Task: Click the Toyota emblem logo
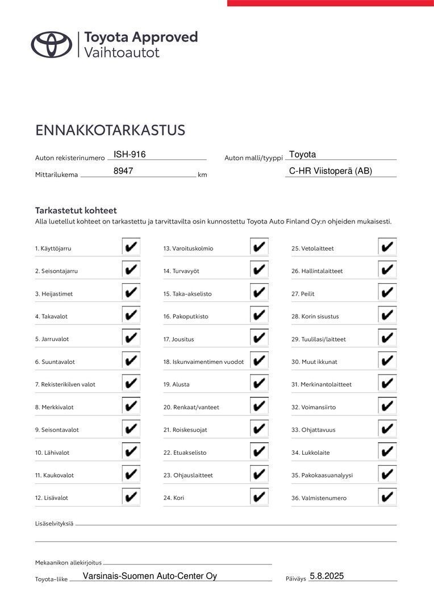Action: (52, 44)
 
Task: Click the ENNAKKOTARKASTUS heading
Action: (110, 130)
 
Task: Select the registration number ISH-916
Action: (130, 154)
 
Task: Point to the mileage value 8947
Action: (123, 171)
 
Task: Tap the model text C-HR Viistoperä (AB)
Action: (331, 171)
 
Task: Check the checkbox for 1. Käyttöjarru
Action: (131, 247)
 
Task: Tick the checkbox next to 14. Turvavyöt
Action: (259, 270)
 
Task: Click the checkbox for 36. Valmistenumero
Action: (387, 497)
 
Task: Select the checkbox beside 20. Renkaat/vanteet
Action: (259, 406)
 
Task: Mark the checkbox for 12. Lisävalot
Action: (131, 497)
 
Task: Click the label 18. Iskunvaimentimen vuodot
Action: (203, 362)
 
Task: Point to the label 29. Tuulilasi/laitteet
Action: (318, 339)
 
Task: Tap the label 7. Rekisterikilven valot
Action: (65, 384)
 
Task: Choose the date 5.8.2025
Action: (327, 576)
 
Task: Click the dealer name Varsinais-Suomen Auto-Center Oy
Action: (150, 576)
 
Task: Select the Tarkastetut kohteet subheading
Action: (76, 210)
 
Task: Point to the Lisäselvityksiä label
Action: (54, 524)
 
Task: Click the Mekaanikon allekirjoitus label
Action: (68, 562)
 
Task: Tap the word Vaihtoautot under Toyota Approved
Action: (122, 53)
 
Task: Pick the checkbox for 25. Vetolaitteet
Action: (387, 247)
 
